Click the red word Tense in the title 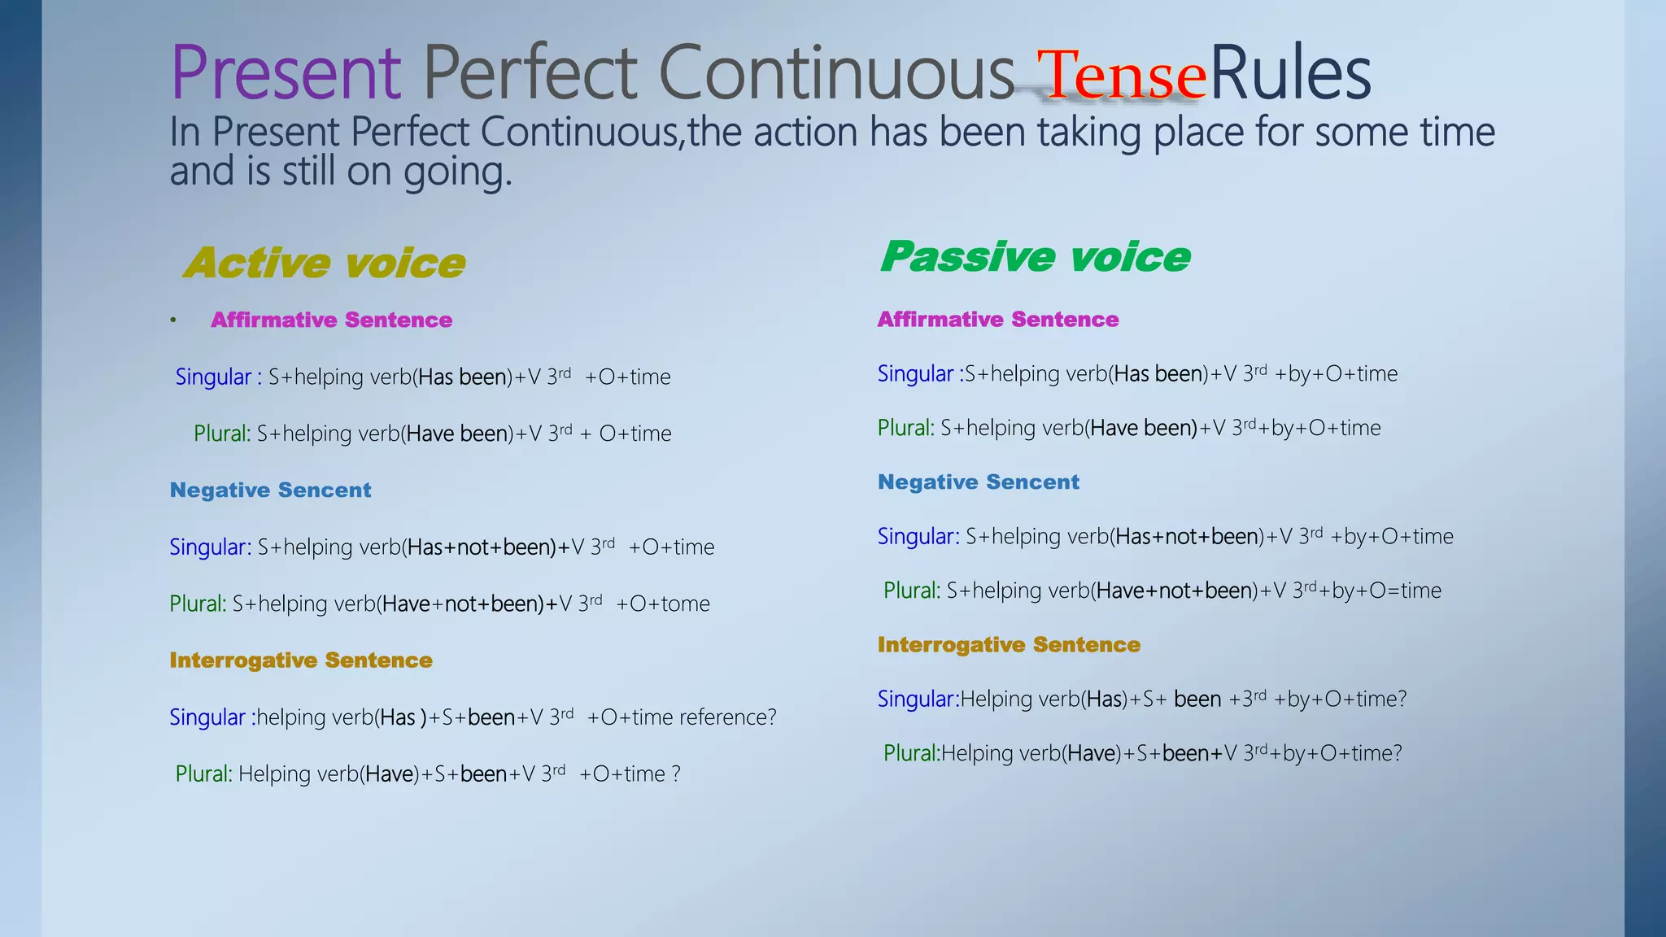tap(1121, 76)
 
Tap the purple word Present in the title tap(286, 73)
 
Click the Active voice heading tap(325, 263)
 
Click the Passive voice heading tap(1035, 257)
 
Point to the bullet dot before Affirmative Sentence tap(173, 320)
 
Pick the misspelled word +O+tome tap(663, 604)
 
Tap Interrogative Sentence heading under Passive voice tap(1009, 645)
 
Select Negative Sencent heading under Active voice tap(270, 490)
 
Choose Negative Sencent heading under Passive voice tap(979, 482)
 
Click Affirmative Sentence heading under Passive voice tap(998, 320)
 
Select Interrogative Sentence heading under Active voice tap(301, 660)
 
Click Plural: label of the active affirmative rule tap(221, 434)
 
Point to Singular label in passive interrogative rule tap(915, 699)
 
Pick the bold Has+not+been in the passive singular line tap(1187, 537)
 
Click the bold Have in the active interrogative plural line tap(389, 774)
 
